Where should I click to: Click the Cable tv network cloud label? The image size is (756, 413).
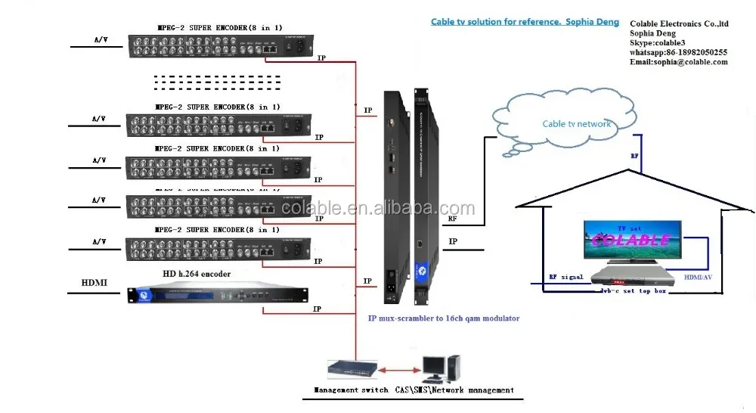(577, 124)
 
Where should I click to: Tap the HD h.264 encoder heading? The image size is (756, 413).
(197, 273)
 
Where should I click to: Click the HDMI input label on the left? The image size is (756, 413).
(94, 283)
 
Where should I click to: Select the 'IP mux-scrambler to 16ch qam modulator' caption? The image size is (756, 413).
(444, 318)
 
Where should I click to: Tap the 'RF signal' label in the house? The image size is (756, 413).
(565, 277)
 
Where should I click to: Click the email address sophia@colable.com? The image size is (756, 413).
(678, 62)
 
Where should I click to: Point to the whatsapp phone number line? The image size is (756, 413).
(678, 52)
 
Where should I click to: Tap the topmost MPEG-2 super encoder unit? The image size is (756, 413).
(223, 46)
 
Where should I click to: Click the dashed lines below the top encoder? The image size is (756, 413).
(216, 81)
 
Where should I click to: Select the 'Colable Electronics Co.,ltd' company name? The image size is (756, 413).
(678, 23)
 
